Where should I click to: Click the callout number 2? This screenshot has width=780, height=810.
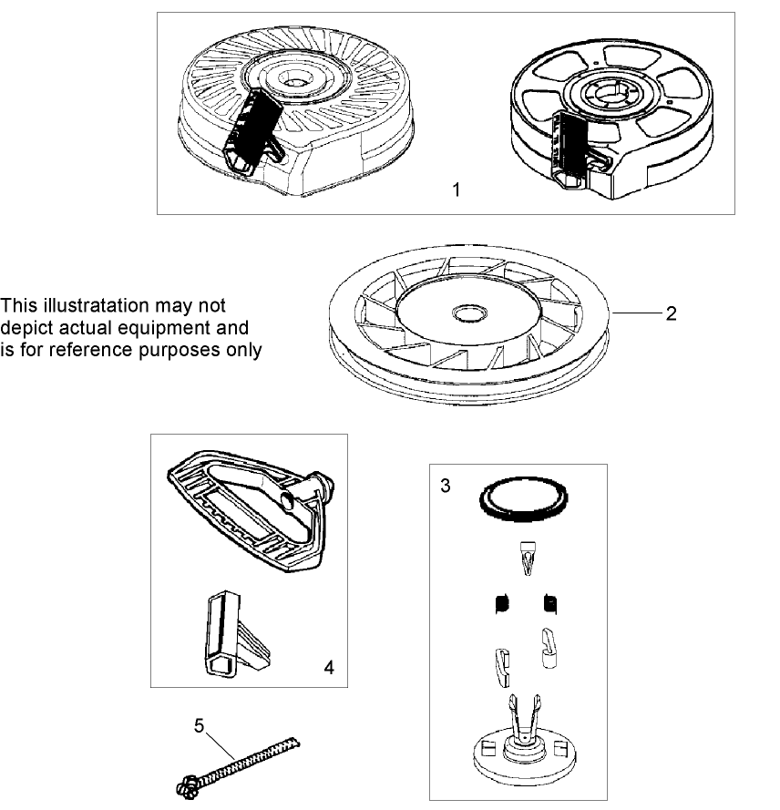(x=670, y=314)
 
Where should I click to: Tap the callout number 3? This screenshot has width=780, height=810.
(x=445, y=485)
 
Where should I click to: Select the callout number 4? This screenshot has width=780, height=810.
(x=329, y=667)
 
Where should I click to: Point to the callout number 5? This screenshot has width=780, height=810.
(x=200, y=725)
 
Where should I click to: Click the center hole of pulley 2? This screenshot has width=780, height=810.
(x=469, y=314)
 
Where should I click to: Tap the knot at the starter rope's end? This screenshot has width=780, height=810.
(x=184, y=784)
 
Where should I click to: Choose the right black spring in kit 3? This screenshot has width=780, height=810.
(x=549, y=603)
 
